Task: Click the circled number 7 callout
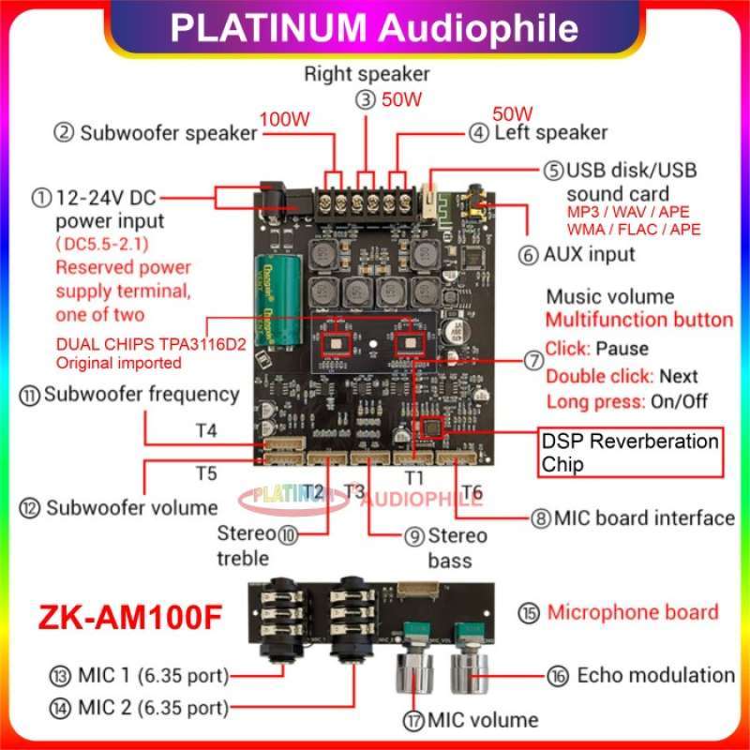tap(533, 359)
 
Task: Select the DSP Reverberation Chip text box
tap(630, 453)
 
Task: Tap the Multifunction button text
tap(639, 320)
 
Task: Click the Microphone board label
tap(633, 612)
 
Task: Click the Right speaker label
tap(367, 73)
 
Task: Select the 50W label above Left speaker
tap(512, 113)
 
